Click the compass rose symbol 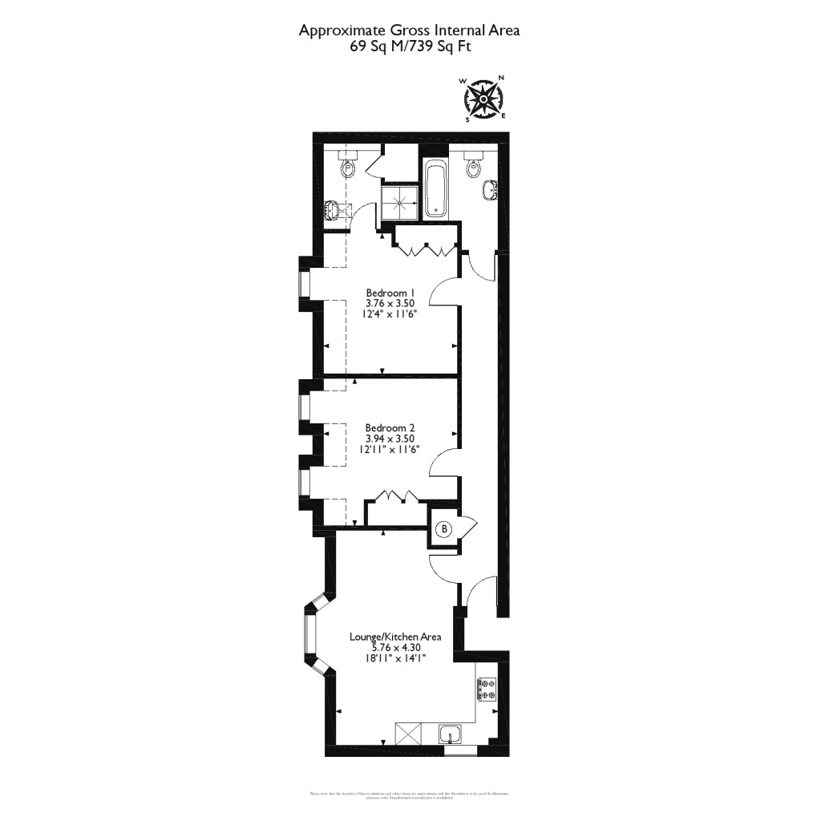484,99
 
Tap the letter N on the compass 502,78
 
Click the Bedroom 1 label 390,292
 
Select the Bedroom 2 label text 390,427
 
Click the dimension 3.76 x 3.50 390,303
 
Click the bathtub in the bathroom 436,189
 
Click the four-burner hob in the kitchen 487,689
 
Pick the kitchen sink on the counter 451,734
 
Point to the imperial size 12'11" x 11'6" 390,450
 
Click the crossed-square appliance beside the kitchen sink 408,734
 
